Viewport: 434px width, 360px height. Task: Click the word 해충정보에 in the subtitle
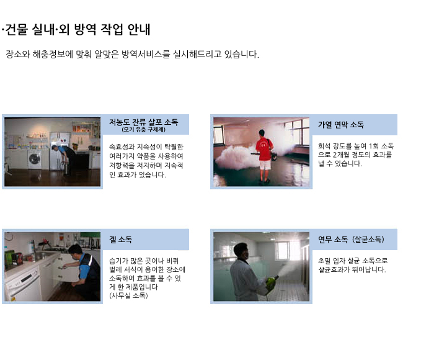click(53, 54)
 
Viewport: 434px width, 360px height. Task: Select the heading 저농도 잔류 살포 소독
click(143, 122)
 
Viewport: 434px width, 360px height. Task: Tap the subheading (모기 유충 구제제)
click(143, 130)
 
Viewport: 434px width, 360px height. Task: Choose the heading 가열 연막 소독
click(341, 125)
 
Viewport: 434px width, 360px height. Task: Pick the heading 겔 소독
click(120, 240)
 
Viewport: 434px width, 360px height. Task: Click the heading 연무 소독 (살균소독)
click(351, 239)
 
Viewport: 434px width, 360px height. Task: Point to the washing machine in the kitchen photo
click(35, 159)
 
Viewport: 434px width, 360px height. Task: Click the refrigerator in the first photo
click(59, 150)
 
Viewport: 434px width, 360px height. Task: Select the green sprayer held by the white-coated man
click(272, 281)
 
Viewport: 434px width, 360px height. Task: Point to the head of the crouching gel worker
click(75, 250)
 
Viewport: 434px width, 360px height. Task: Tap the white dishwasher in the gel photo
click(23, 284)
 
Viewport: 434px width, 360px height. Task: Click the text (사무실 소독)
click(128, 295)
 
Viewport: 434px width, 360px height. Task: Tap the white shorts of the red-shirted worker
click(265, 165)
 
